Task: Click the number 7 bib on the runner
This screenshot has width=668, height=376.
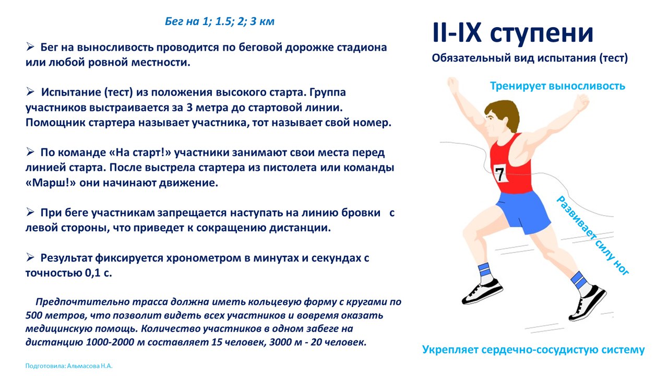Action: pos(501,173)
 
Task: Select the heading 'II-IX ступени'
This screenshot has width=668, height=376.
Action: pos(512,32)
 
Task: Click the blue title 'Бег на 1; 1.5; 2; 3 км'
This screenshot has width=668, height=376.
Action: pos(220,21)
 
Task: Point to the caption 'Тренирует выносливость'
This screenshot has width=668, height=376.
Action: pos(558,86)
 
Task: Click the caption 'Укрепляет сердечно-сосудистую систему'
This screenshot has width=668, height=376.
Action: pos(533,349)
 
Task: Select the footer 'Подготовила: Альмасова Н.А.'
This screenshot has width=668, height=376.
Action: pos(69,366)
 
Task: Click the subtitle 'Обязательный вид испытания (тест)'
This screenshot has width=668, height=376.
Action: pos(530,58)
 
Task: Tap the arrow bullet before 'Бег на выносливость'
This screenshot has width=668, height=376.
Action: pos(30,46)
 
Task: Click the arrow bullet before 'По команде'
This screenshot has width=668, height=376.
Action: pos(30,152)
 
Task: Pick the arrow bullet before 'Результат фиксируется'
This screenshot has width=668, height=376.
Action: pos(30,257)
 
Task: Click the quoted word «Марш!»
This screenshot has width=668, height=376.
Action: pos(51,183)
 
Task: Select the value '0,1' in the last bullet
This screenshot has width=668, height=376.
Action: pos(93,273)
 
